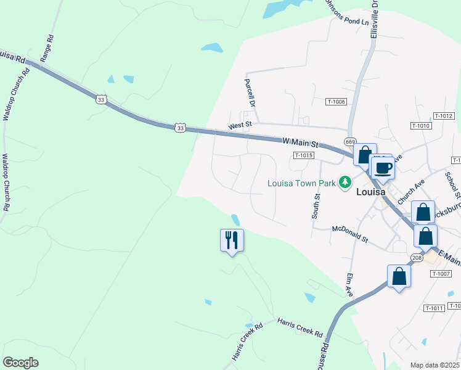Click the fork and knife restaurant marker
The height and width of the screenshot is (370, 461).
tap(232, 240)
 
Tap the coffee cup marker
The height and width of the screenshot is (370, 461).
tap(383, 168)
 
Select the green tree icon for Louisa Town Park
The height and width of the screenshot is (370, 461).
tap(345, 182)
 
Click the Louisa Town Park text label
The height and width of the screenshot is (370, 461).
tap(301, 183)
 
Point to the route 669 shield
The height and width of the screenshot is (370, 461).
tap(350, 141)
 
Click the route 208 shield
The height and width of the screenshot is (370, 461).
tap(417, 258)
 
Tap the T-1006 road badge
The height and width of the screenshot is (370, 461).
tap(337, 102)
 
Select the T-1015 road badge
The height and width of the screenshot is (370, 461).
tap(304, 155)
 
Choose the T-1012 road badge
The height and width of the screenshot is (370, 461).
tap(444, 116)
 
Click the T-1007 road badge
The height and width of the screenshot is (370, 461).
tap(441, 273)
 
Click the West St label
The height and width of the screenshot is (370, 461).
tap(240, 126)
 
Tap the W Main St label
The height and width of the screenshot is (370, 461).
tap(300, 143)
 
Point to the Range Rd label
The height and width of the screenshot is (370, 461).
tap(47, 47)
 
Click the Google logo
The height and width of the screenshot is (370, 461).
tap(20, 363)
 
